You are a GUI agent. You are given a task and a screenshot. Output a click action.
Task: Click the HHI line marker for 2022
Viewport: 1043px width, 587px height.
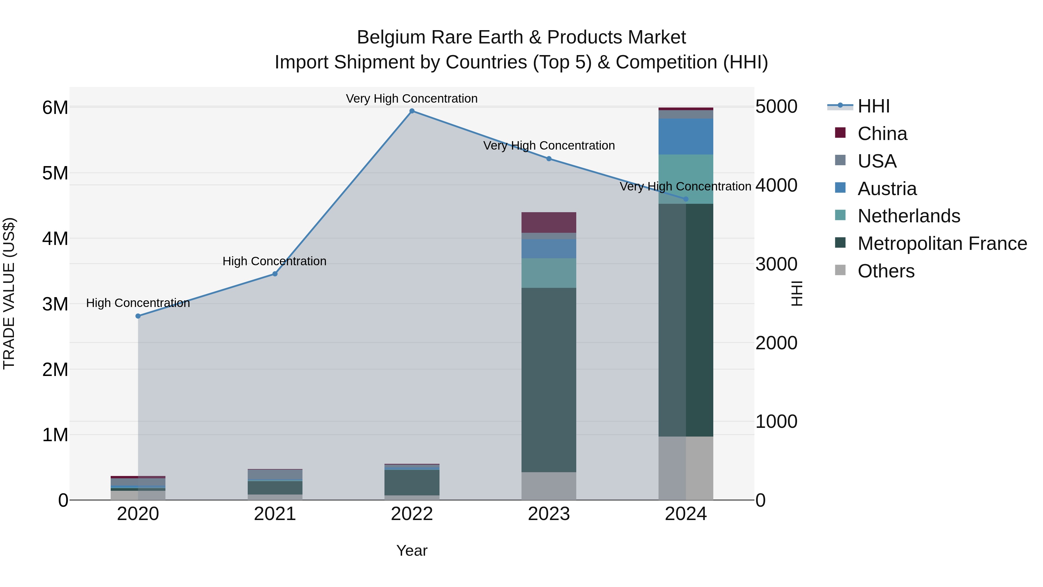[x=412, y=111]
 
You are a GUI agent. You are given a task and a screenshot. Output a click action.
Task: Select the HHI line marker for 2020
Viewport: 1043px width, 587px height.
[x=138, y=316]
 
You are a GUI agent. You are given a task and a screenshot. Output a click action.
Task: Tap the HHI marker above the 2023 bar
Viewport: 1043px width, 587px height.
[x=549, y=159]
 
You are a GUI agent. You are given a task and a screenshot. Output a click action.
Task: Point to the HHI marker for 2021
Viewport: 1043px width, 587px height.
[x=275, y=274]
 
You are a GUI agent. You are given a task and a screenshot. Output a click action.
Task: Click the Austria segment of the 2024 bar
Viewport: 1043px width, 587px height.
[x=685, y=137]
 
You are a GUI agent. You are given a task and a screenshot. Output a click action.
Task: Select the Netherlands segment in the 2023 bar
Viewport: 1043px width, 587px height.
[x=549, y=273]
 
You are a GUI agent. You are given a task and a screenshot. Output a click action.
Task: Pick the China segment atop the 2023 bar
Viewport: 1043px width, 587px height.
[x=549, y=222]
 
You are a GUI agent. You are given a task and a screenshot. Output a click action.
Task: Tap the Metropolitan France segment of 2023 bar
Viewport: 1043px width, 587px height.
[x=549, y=380]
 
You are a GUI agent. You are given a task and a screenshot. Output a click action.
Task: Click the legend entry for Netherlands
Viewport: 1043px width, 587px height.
[x=909, y=216]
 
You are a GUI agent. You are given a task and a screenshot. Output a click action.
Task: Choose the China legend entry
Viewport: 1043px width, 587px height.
[x=882, y=134]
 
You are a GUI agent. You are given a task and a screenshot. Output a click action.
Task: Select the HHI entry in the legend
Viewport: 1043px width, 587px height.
[x=873, y=106]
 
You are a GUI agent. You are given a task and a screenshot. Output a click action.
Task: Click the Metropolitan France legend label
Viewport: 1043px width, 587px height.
[x=942, y=243]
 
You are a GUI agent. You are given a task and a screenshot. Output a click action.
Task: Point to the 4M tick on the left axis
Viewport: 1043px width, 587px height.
[x=55, y=239]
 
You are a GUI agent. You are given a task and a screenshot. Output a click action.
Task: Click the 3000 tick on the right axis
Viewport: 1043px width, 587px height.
[x=776, y=264]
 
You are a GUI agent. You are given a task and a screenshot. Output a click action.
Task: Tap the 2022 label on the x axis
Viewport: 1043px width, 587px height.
[x=412, y=514]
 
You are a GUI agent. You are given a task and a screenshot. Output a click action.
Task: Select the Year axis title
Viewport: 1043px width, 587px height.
[x=412, y=550]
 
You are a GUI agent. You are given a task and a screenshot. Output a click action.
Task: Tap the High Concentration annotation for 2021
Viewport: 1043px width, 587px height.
[x=275, y=261]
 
